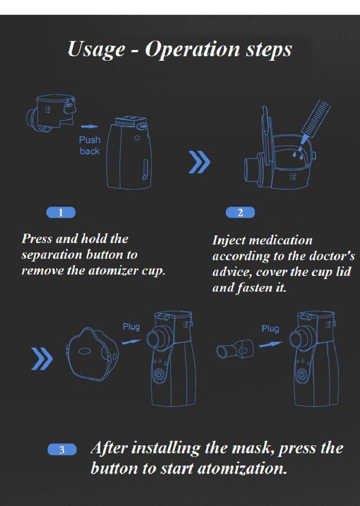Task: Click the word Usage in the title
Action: click(x=96, y=50)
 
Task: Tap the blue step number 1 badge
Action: click(x=61, y=212)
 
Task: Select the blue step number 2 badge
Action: click(x=240, y=212)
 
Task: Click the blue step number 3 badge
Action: click(x=62, y=450)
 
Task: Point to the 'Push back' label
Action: click(x=90, y=145)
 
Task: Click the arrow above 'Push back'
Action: click(x=89, y=126)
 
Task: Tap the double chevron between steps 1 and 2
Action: click(x=199, y=161)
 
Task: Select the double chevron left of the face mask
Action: click(x=42, y=358)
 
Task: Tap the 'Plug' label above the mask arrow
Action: click(x=131, y=327)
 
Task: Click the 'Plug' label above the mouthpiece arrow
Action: click(x=270, y=329)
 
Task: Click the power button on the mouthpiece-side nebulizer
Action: click(x=301, y=375)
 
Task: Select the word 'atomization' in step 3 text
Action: click(x=242, y=469)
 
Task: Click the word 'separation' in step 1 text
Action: click(x=52, y=255)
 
